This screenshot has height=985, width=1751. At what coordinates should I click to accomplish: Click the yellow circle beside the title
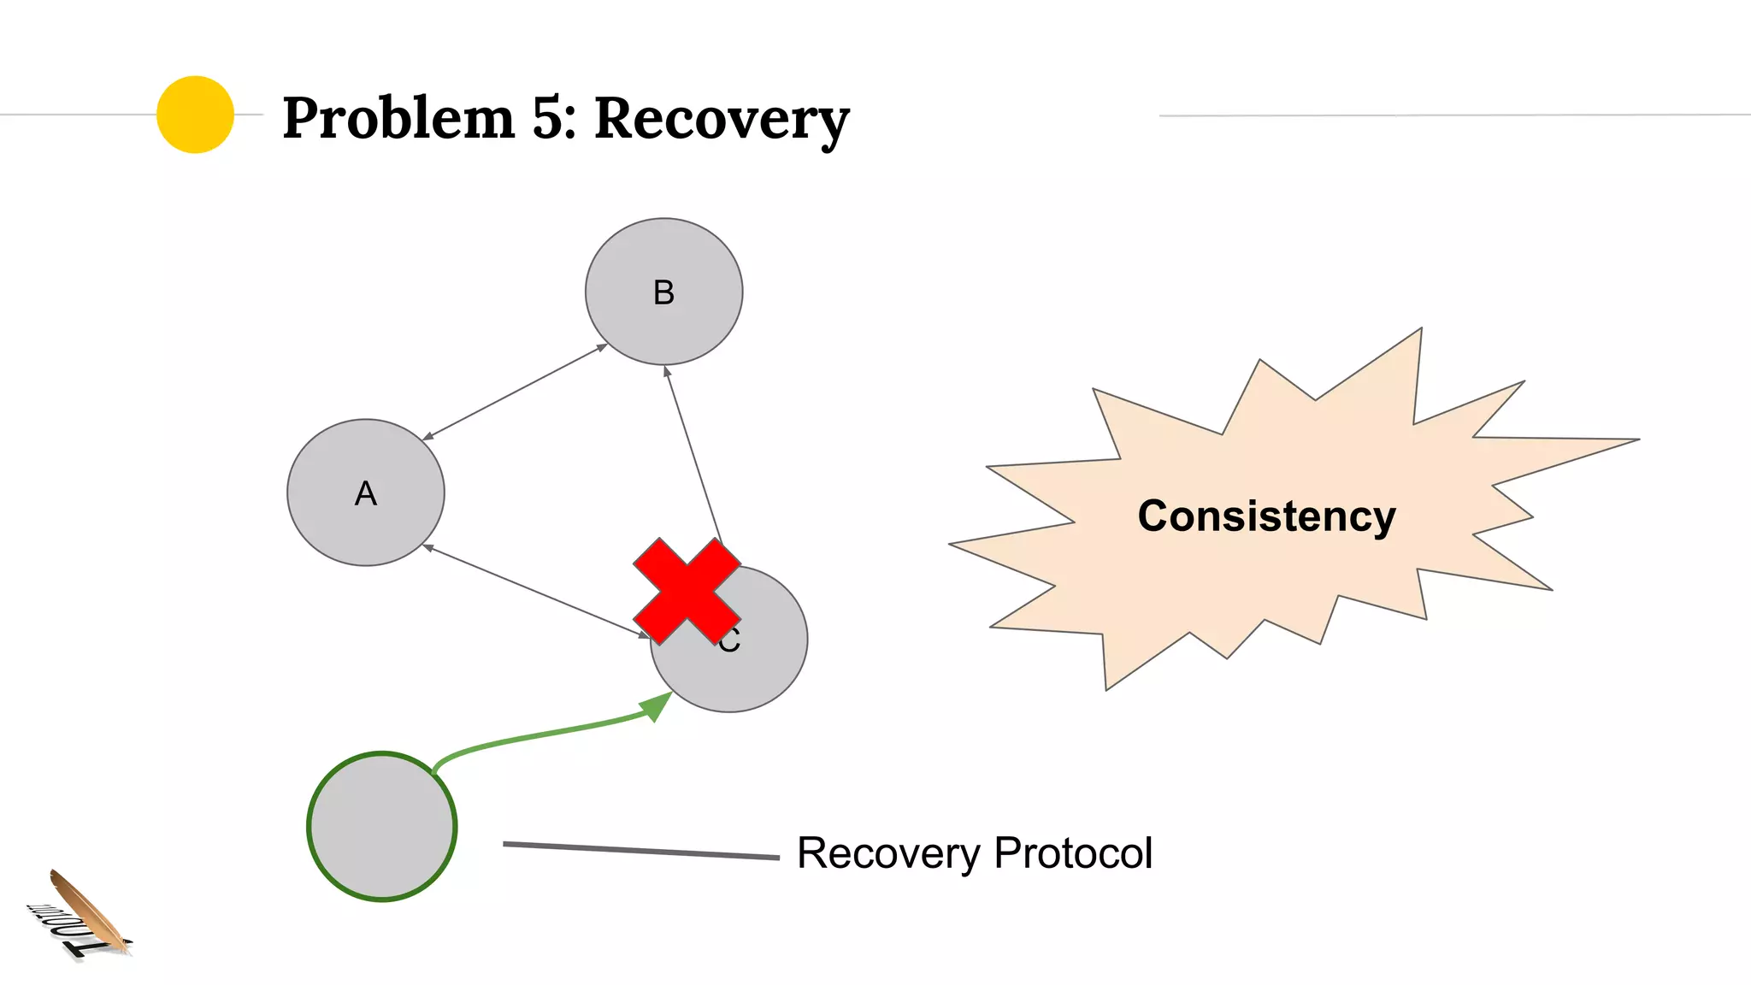pos(195,115)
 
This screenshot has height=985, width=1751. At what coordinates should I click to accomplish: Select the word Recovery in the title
pos(721,120)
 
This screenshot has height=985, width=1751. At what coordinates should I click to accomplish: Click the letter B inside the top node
pos(663,293)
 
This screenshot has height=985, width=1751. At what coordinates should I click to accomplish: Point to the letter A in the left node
pos(365,494)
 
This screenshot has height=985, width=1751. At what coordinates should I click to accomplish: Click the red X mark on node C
pos(687,592)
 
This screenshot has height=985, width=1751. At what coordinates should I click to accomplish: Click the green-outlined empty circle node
pos(382,826)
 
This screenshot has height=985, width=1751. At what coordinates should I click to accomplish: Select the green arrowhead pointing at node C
pos(657,706)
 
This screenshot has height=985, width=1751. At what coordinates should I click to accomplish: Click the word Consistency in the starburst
pos(1266,516)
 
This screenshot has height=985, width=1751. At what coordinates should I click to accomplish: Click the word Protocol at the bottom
pos(1073,853)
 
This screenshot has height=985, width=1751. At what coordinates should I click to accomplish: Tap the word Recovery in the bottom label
pos(888,853)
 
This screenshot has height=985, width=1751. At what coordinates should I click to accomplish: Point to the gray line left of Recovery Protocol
pos(641,850)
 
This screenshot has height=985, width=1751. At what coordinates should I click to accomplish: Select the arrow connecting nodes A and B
pos(516,392)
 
